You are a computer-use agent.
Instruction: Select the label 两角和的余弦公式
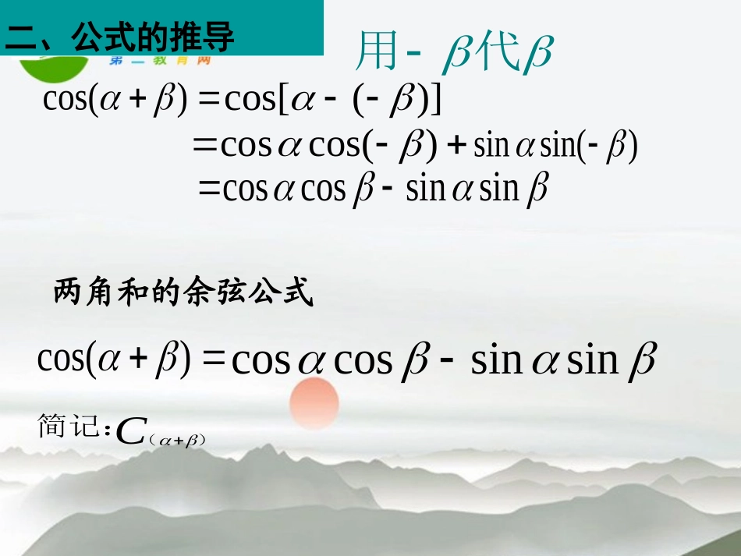[183, 293]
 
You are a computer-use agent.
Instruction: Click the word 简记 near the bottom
[69, 428]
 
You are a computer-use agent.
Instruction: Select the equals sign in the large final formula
[212, 359]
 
